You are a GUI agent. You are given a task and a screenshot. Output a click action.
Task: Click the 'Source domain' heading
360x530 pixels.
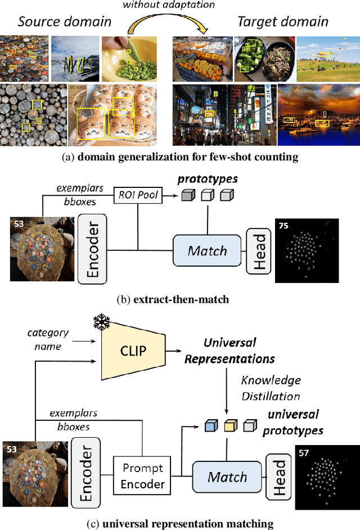tap(64, 22)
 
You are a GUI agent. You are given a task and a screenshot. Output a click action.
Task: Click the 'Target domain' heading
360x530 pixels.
tap(283, 22)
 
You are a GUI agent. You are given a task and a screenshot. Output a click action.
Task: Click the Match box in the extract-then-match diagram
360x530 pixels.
tap(207, 250)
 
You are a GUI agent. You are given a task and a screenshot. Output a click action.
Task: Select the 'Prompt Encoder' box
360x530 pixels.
tap(143, 475)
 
